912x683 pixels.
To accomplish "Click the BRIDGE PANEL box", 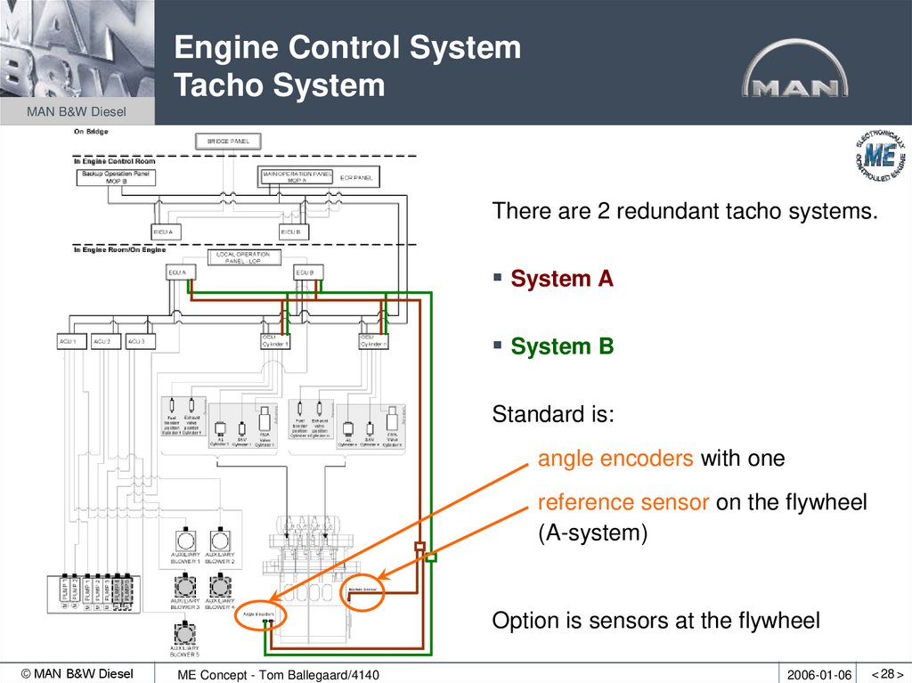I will [x=228, y=142].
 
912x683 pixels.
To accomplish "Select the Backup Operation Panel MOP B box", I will [x=116, y=176].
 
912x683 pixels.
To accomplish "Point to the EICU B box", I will [x=289, y=232].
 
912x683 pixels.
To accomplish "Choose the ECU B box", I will [x=304, y=272].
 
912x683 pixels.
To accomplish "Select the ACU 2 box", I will [x=102, y=342].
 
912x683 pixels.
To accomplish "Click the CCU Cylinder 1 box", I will [x=275, y=342].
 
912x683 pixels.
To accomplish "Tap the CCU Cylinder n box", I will [x=372, y=342].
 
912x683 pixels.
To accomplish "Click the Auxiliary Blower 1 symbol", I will [x=184, y=541].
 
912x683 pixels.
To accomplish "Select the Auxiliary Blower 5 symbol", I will [x=184, y=632].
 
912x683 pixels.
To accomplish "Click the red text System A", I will [x=561, y=279].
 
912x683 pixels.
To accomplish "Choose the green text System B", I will [x=561, y=346].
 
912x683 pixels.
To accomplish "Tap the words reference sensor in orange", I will [x=623, y=502].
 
